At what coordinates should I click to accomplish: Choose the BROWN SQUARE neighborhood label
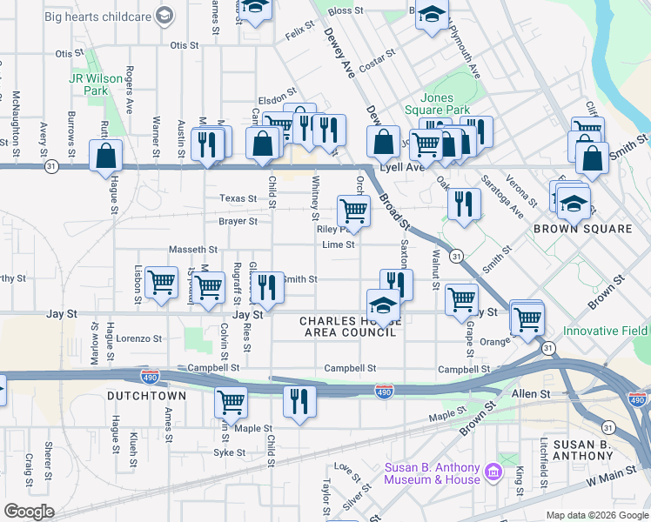pos(582,229)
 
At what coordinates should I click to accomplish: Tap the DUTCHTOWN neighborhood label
pos(146,396)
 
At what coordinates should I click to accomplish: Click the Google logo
pos(29,512)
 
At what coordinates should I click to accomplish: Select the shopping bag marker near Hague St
pos(105,157)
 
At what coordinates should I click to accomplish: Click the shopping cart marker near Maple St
pos(231,402)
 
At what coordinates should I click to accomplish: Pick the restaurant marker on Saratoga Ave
pos(464,204)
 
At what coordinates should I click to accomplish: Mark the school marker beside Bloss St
pos(432,15)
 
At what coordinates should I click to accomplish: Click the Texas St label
pos(238,198)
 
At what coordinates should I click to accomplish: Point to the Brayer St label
pos(238,221)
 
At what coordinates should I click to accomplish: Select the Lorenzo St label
pos(140,338)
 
